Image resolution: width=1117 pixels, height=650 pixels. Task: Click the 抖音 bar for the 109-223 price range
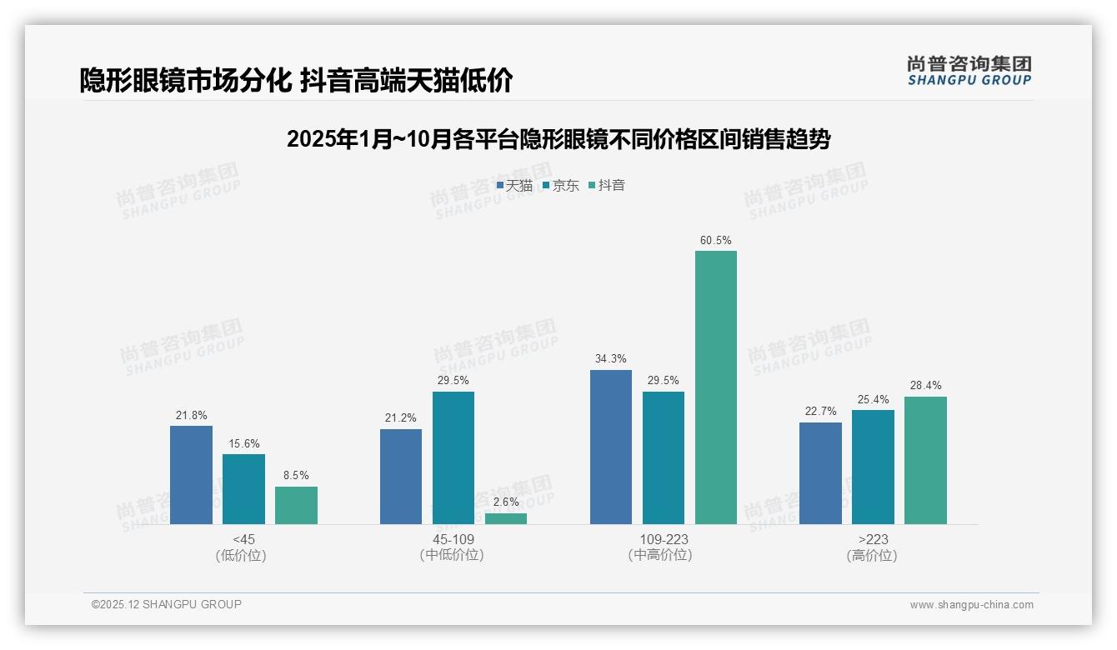(716, 387)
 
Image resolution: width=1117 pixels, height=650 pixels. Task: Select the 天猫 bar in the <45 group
(191, 475)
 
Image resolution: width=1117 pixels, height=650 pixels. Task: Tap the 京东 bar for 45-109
(453, 457)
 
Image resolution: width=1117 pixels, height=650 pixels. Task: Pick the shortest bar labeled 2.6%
(506, 518)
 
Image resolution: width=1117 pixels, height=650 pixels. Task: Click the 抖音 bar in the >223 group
(925, 460)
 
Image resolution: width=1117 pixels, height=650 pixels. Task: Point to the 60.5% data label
(716, 241)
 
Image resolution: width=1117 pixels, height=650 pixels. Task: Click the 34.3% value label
(611, 359)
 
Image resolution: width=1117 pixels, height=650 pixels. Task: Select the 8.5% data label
(296, 476)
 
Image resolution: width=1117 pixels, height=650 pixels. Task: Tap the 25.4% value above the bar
(873, 399)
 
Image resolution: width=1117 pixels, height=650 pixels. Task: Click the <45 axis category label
(243, 539)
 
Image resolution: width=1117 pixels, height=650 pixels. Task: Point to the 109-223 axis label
(664, 539)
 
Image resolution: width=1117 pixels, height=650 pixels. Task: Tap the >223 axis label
(873, 539)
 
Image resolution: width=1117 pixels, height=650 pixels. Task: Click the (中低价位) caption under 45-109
(453, 555)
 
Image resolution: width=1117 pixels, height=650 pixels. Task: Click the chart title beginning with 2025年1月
(558, 139)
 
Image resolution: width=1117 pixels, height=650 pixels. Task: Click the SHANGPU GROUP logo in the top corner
(969, 71)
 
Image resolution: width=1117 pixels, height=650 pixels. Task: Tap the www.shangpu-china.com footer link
(971, 605)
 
